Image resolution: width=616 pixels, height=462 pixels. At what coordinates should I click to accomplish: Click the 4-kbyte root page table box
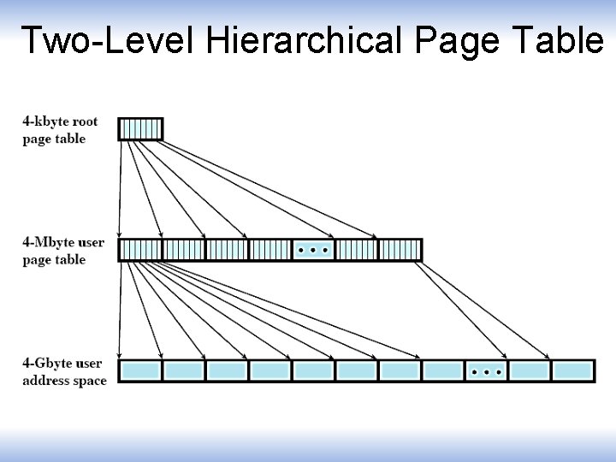[139, 128]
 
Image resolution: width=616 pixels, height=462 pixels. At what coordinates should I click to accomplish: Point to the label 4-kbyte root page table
[60, 130]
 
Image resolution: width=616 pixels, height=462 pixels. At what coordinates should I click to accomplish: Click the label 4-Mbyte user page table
[63, 251]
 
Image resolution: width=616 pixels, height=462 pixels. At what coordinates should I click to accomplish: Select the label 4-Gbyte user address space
[64, 372]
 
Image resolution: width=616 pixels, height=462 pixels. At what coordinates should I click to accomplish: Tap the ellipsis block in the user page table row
[313, 250]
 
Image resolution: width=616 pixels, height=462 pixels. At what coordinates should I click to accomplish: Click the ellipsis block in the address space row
[486, 371]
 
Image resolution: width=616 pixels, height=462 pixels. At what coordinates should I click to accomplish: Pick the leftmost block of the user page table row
[139, 250]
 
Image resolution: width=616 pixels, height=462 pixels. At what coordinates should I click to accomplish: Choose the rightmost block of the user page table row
[400, 250]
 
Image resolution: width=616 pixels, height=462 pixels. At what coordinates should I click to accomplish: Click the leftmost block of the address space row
[139, 371]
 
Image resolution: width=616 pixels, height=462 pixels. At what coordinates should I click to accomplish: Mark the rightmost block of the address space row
[572, 371]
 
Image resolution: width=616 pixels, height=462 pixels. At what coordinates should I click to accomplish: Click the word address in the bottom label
[47, 381]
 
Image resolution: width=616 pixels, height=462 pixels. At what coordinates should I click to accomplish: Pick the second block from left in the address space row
[183, 371]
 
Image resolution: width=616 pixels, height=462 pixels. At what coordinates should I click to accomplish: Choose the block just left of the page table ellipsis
[269, 250]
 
